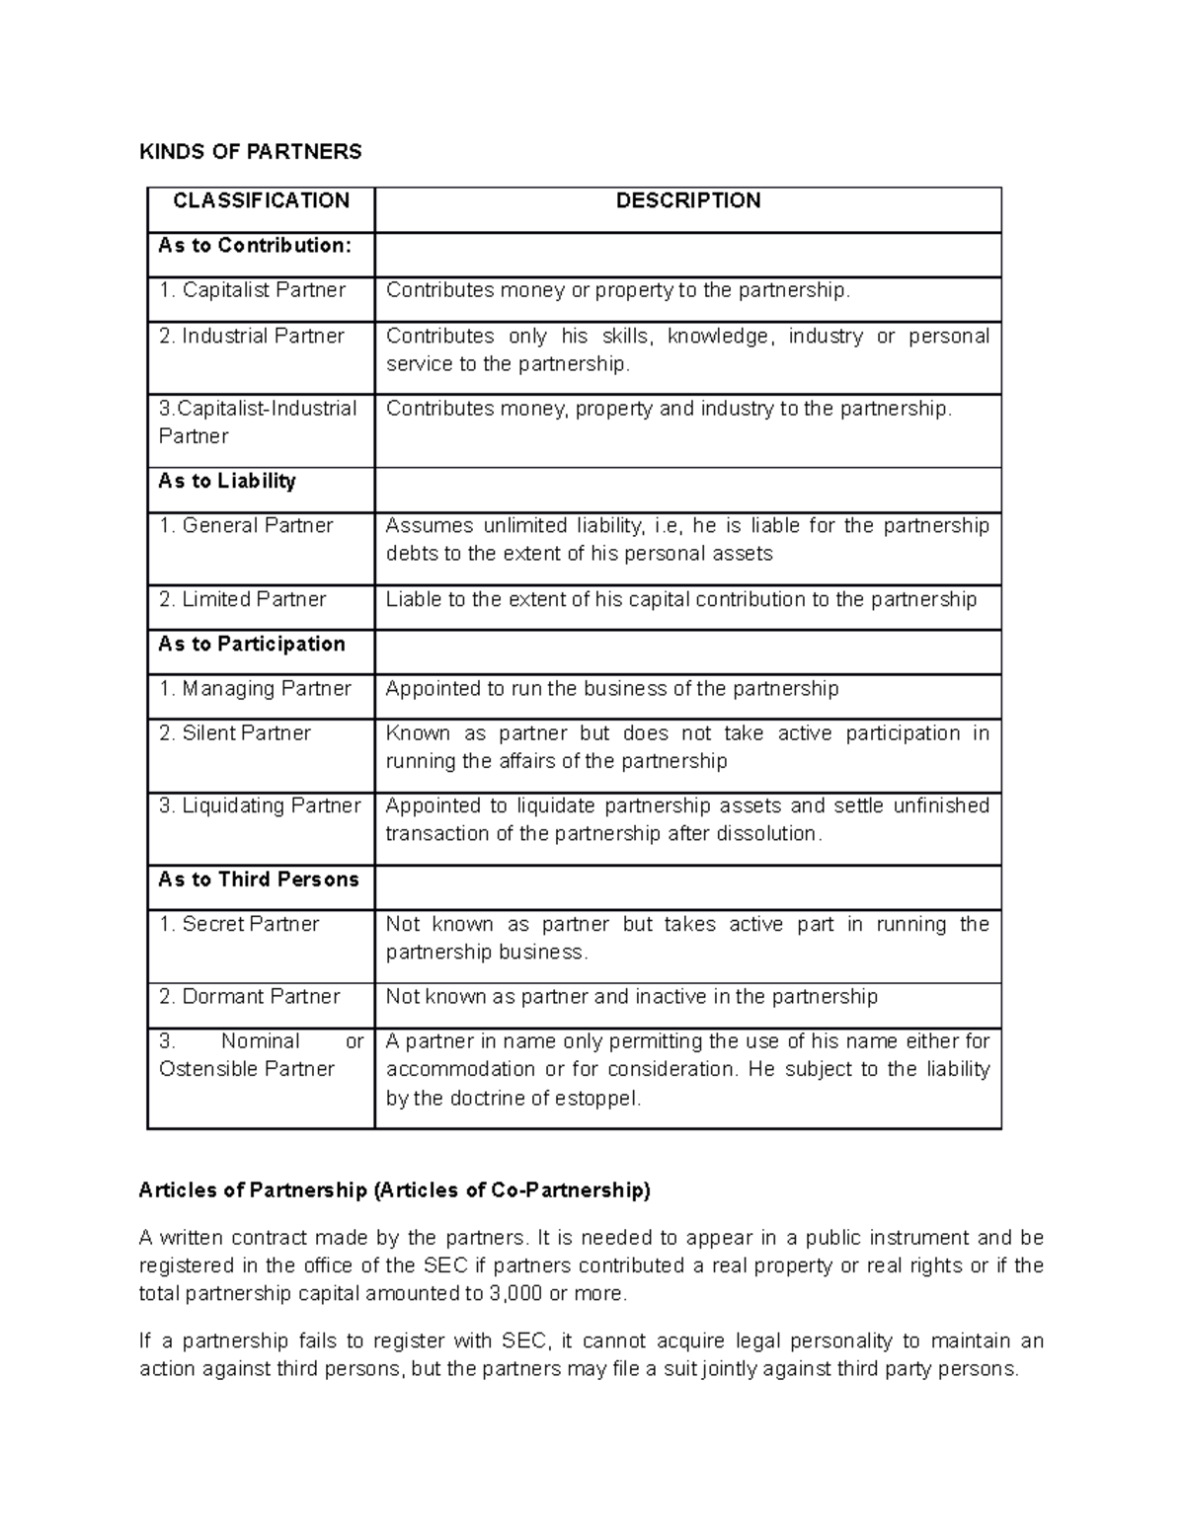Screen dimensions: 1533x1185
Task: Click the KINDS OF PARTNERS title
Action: tap(250, 151)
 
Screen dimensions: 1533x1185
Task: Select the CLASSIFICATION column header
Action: tap(261, 200)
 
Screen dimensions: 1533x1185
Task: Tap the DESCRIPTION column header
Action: tap(687, 200)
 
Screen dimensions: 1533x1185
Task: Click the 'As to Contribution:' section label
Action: tap(255, 245)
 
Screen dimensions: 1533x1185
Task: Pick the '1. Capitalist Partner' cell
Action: tap(252, 290)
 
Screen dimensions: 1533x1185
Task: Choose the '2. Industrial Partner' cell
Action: tap(251, 336)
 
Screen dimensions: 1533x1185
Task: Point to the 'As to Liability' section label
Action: tap(227, 481)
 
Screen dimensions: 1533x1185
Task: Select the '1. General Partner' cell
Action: tap(246, 525)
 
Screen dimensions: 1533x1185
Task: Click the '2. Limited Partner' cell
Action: tap(242, 599)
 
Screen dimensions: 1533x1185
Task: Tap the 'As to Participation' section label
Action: tap(252, 644)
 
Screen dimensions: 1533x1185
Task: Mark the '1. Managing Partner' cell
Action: tap(255, 688)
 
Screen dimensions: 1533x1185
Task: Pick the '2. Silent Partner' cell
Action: tap(235, 732)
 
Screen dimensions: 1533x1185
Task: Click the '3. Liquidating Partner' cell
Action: tap(260, 805)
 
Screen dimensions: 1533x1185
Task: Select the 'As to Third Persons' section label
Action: tap(259, 880)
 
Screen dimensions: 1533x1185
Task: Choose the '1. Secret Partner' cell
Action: tap(239, 924)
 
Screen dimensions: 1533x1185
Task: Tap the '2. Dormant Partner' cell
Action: tap(249, 996)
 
